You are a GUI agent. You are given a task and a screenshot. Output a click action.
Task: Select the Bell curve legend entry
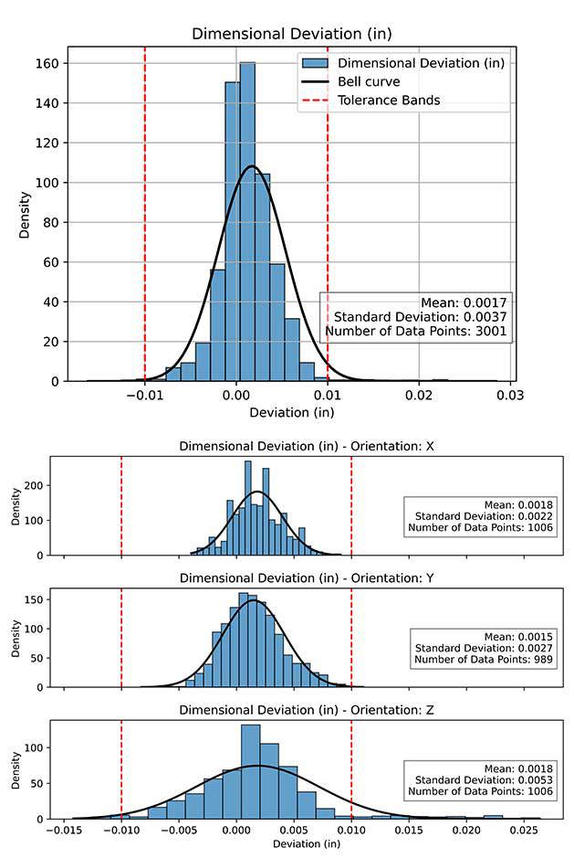pos(369,81)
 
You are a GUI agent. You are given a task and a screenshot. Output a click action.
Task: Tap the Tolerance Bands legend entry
pos(388,100)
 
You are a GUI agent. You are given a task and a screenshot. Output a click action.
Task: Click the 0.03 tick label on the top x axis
pos(510,395)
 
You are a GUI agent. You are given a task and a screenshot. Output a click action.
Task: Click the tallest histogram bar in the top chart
pos(247,219)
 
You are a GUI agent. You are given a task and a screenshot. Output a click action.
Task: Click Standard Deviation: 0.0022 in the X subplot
pos(480,516)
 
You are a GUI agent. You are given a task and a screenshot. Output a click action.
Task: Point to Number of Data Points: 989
pos(482,660)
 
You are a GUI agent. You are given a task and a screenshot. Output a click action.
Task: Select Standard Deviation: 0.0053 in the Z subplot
pos(480,779)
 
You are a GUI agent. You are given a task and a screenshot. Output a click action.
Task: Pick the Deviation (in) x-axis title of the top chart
pos(286,413)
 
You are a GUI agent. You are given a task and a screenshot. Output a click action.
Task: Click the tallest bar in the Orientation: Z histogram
pos(251,772)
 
